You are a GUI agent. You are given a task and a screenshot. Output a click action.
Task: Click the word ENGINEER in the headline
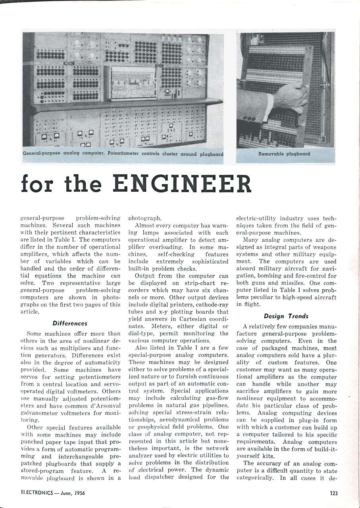pos(182,184)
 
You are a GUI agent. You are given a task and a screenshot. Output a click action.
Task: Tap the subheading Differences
pos(69,323)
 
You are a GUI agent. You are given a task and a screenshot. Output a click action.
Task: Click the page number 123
pos(334,494)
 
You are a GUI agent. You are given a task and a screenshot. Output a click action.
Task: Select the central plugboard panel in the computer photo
pos(133,83)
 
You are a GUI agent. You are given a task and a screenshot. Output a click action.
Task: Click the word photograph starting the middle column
pos(144,218)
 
